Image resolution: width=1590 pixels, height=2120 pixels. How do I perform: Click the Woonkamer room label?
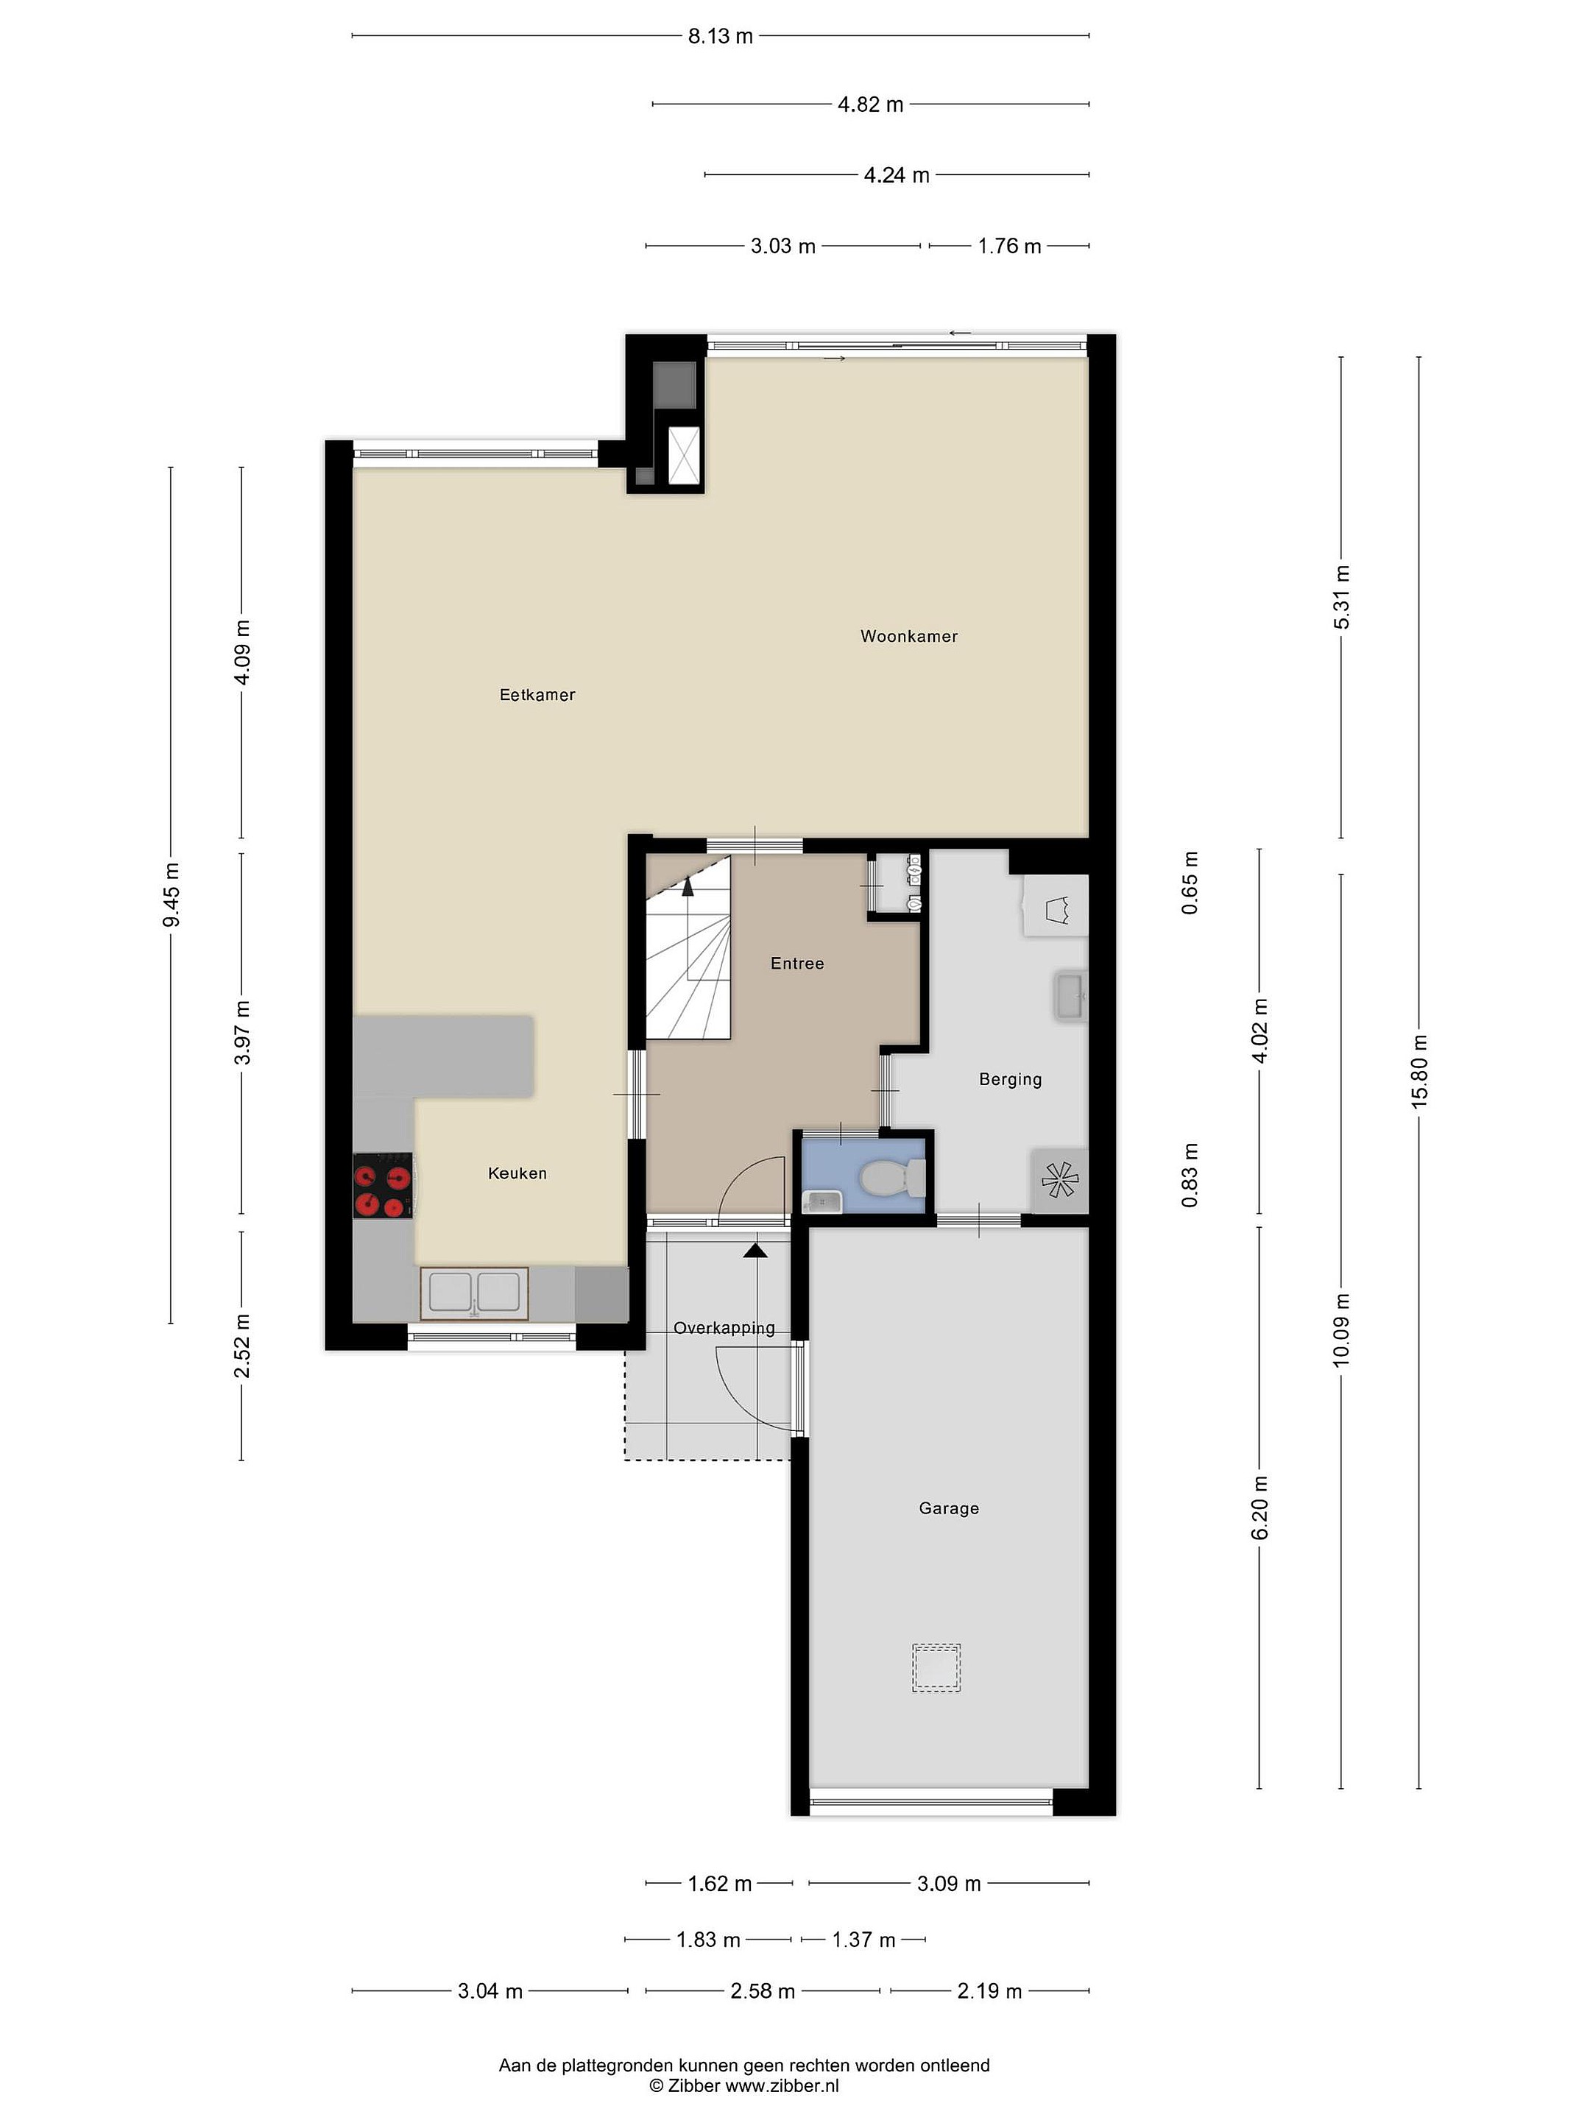908,637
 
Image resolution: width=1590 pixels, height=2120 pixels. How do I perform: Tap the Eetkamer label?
537,695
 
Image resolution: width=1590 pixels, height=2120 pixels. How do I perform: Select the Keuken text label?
517,1173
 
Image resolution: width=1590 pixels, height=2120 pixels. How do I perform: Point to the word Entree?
796,963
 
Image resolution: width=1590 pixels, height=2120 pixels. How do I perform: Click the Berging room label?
1010,1079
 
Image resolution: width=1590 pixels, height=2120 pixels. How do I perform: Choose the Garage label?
949,1508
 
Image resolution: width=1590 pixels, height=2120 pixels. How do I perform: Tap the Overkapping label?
724,1329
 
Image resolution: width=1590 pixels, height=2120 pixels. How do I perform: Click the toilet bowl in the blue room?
892,1178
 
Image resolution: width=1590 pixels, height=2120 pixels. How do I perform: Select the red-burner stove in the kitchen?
382,1186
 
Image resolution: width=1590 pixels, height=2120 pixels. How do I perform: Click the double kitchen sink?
473,1293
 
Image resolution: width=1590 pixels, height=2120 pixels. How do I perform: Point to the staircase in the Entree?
688,947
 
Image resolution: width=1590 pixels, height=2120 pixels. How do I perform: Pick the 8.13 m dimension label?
720,36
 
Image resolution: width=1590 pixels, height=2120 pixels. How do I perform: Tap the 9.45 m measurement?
172,895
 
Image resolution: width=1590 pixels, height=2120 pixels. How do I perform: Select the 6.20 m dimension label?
1259,1508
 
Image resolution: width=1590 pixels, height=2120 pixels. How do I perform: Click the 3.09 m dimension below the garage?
949,1883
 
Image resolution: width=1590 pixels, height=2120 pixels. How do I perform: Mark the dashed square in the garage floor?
936,1667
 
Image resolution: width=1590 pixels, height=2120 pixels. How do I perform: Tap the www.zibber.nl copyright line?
743,2085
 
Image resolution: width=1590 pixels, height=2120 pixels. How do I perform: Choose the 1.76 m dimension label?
1009,247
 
